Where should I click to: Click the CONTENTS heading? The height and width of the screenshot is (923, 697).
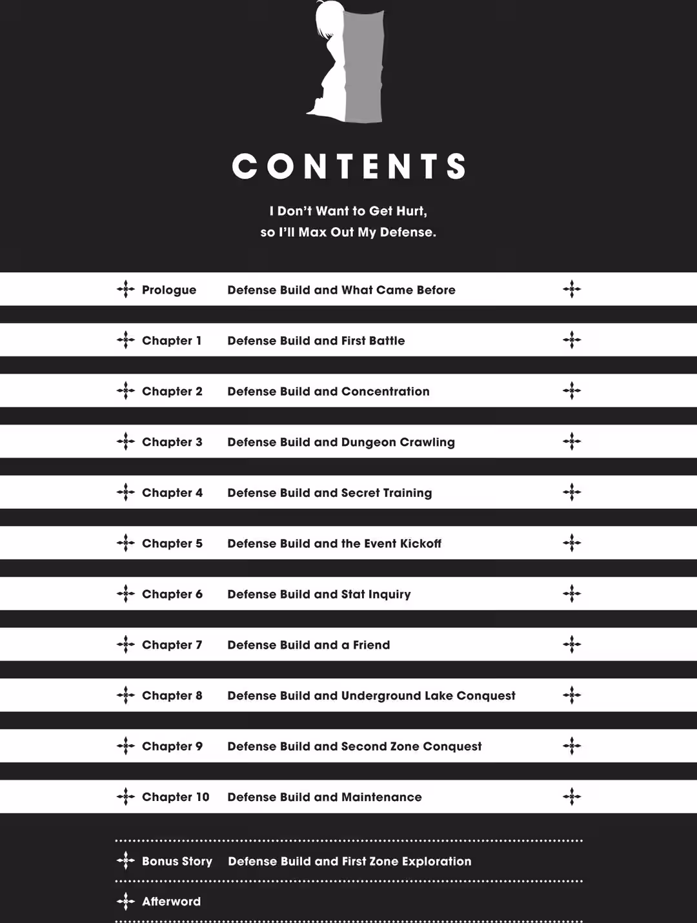pyautogui.click(x=348, y=166)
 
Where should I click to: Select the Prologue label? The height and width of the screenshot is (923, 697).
pyautogui.click(x=168, y=290)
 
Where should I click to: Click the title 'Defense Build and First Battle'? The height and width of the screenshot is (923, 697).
pyautogui.click(x=316, y=341)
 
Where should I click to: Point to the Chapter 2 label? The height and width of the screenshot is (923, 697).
pyautogui.click(x=172, y=391)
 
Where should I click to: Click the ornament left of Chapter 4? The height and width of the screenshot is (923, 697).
pyautogui.click(x=125, y=492)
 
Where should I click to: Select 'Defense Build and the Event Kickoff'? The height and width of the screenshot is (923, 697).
pyautogui.click(x=334, y=543)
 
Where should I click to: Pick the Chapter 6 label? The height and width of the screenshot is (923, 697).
pyautogui.click(x=172, y=594)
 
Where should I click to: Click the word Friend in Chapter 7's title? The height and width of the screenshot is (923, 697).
pyautogui.click(x=371, y=645)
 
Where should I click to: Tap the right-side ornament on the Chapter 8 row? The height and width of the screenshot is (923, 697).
pyautogui.click(x=572, y=695)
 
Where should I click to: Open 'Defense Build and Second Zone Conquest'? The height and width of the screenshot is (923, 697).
pyautogui.click(x=354, y=746)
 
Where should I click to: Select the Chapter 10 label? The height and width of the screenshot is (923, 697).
pyautogui.click(x=176, y=797)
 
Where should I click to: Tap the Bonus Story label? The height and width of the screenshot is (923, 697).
pyautogui.click(x=177, y=861)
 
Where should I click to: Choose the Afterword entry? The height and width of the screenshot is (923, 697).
pyautogui.click(x=171, y=901)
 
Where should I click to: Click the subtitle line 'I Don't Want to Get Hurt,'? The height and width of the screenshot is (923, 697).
pyautogui.click(x=348, y=211)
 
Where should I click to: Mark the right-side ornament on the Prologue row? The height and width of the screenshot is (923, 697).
pyautogui.click(x=572, y=289)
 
